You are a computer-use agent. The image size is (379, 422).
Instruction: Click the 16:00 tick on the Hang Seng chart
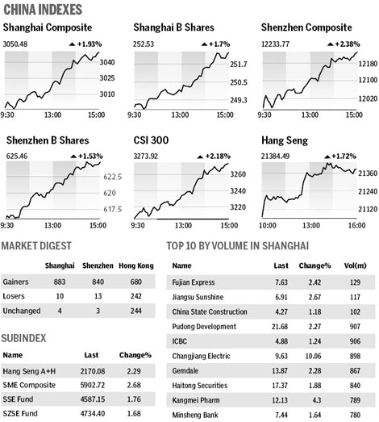354,227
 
